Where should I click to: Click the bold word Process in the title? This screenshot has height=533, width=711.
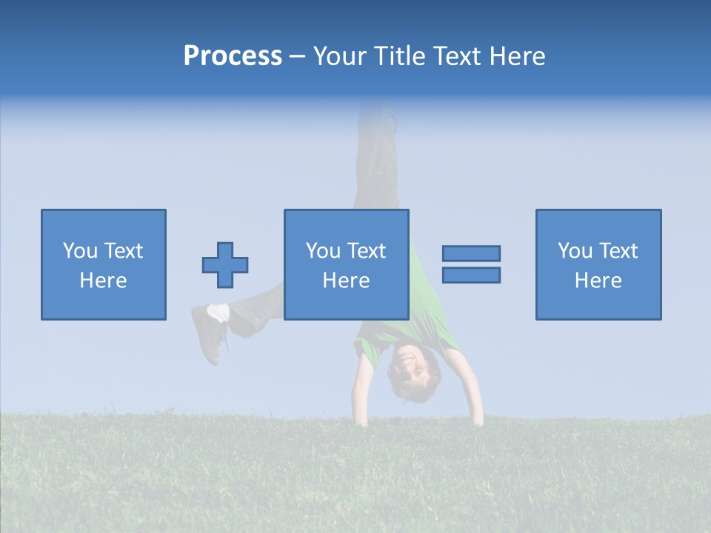tap(233, 56)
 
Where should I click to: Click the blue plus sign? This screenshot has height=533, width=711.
tap(225, 264)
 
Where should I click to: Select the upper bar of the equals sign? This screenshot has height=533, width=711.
tap(471, 253)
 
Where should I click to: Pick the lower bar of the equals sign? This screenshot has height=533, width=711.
tap(471, 275)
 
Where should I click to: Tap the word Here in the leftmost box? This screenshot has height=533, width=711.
tap(103, 281)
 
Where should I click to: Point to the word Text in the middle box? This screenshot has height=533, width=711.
tap(367, 251)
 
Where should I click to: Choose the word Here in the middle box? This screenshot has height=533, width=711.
tap(346, 281)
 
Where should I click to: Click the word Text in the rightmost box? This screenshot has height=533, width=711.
tap(618, 251)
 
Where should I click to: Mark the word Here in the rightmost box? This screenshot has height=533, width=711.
tap(598, 281)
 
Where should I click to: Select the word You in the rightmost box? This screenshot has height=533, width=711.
tap(575, 251)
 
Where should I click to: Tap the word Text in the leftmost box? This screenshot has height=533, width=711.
tap(124, 251)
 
